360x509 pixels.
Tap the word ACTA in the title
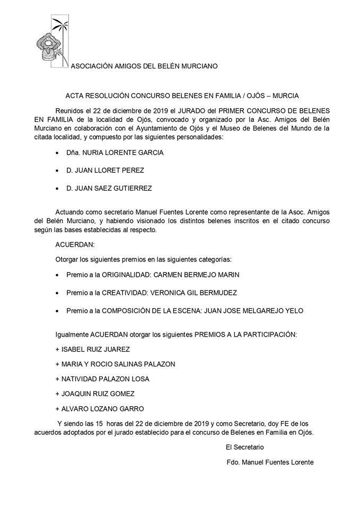[75, 96]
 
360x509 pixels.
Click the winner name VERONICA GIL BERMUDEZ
[194, 292]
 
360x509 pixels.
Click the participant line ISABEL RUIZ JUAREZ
[92, 349]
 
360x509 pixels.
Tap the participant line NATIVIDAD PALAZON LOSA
[102, 379]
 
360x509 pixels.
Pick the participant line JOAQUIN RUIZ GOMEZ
[95, 393]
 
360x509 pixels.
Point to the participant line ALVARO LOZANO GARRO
[99, 408]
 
